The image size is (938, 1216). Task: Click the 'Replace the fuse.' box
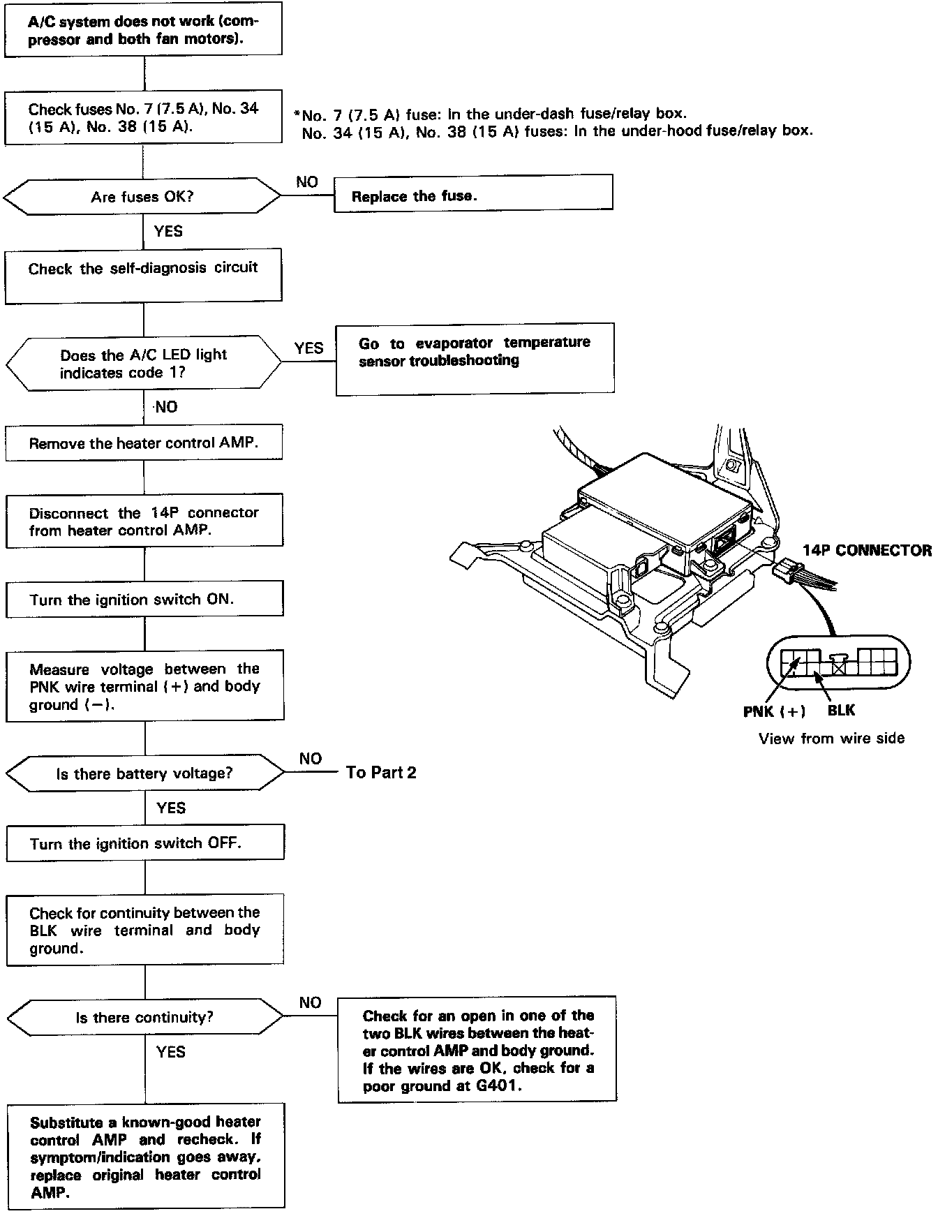tap(473, 193)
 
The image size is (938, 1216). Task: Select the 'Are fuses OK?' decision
tap(142, 197)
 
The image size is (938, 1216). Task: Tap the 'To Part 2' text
tap(381, 772)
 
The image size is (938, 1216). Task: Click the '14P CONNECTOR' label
tap(866, 550)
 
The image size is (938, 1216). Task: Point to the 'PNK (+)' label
tap(774, 711)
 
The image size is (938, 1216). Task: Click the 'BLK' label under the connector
tap(841, 710)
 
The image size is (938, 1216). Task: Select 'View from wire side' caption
tap(831, 739)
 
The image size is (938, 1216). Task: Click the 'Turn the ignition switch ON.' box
tap(144, 600)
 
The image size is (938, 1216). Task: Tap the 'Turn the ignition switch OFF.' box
tap(145, 843)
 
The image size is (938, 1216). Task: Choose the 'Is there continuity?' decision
tap(144, 1017)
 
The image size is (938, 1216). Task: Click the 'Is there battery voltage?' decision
tap(144, 773)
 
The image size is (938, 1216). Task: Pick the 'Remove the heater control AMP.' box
tap(144, 443)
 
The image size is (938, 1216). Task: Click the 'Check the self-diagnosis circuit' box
tap(143, 276)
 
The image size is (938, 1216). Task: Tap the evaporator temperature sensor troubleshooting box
tap(475, 359)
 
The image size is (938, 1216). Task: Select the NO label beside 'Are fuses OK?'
tap(306, 182)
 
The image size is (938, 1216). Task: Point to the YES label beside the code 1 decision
tap(308, 348)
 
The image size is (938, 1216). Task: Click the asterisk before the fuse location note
tap(297, 113)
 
